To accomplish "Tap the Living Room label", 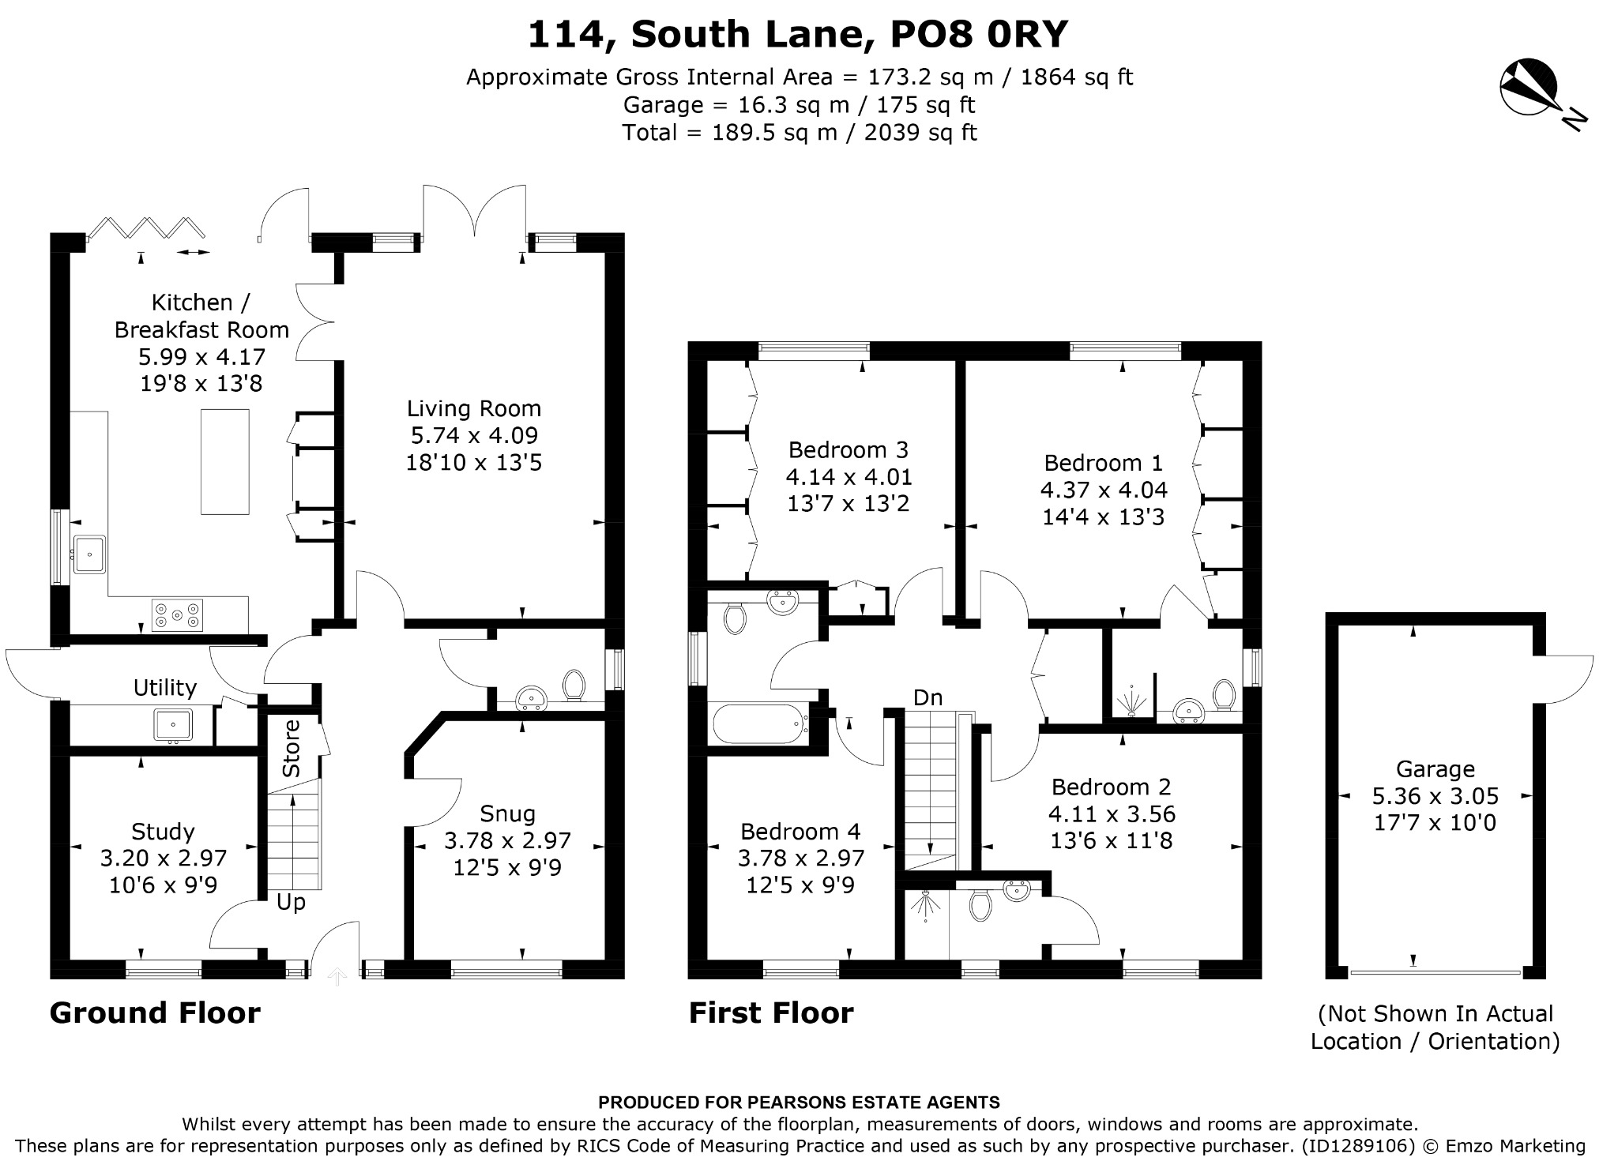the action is (474, 408).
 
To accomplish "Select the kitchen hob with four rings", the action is (177, 615).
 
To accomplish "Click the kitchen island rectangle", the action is (225, 462).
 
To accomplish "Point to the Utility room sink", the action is (173, 725).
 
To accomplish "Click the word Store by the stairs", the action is (292, 748).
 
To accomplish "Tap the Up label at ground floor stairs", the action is (291, 902).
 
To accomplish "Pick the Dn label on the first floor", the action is (928, 697).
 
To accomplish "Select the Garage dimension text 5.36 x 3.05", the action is (1436, 796).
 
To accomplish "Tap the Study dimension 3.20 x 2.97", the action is (164, 859).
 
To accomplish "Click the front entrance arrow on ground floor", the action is (337, 977).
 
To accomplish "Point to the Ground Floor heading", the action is (155, 1013).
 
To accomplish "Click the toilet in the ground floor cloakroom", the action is (574, 685).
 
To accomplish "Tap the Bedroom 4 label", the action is (800, 831).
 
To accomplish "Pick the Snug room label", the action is (508, 813).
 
